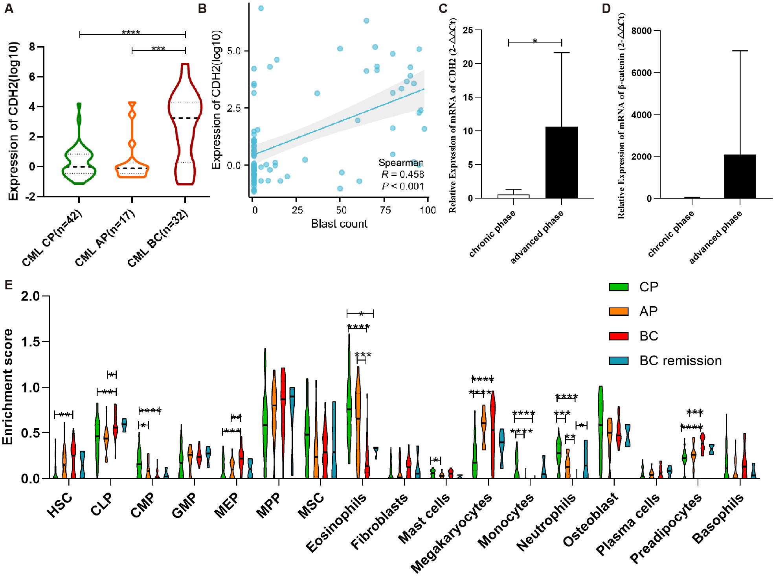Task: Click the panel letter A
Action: pos(9,8)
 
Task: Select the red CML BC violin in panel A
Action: pos(185,126)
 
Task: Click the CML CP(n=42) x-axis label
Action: pos(52,238)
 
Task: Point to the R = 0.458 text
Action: pos(402,174)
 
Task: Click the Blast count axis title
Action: pos(339,224)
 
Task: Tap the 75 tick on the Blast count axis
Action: pos(385,210)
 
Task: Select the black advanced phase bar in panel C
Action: pos(561,162)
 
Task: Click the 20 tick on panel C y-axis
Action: pos(468,64)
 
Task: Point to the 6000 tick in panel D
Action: pos(641,73)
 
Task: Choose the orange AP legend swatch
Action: pos(619,311)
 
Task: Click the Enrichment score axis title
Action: pos(8,387)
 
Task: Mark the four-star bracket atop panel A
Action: pos(132,34)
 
